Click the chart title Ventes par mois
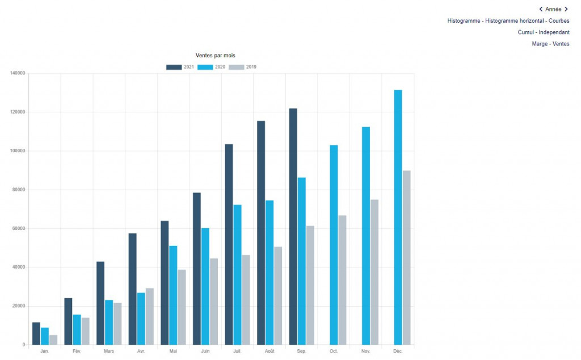click(x=215, y=55)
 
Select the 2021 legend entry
click(x=180, y=67)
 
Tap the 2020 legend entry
click(x=212, y=67)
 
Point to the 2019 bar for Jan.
click(x=53, y=340)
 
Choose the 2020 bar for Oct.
click(x=334, y=245)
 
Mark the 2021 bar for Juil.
click(x=229, y=244)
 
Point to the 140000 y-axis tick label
click(x=18, y=73)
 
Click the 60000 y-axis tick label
click(x=19, y=228)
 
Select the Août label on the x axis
click(x=270, y=351)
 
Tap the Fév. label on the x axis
click(x=77, y=351)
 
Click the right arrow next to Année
click(x=566, y=9)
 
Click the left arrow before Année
click(x=541, y=9)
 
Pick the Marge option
click(x=540, y=44)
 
